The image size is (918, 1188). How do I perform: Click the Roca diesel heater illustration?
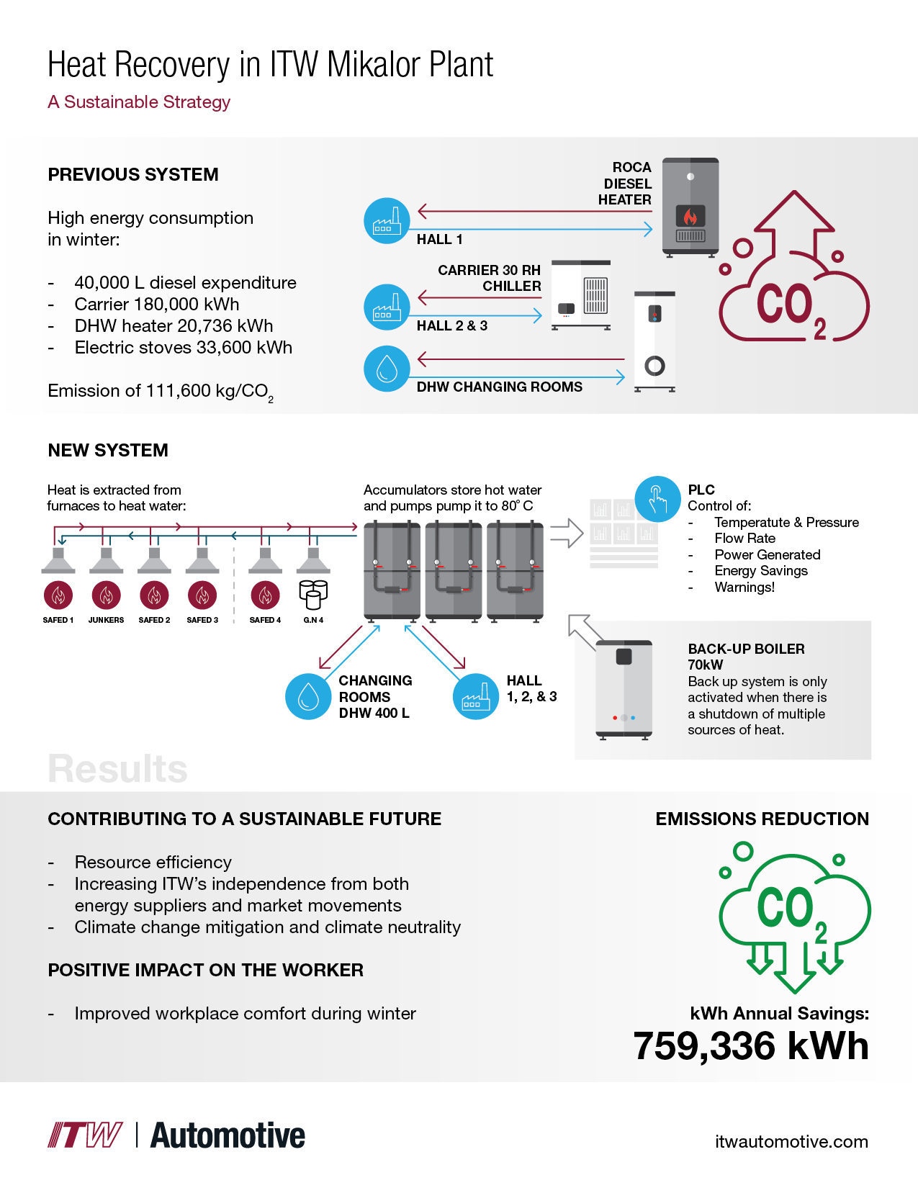[x=690, y=207]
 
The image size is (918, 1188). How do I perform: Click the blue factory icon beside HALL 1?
[x=387, y=221]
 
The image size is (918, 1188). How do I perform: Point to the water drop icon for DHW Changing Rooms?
[x=387, y=369]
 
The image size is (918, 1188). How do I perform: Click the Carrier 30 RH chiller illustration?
[x=581, y=295]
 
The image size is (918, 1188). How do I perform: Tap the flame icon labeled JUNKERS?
[x=107, y=595]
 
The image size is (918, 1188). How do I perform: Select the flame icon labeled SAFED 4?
[x=266, y=595]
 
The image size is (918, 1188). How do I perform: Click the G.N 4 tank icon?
[x=313, y=595]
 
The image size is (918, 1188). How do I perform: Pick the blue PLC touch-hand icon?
[x=657, y=499]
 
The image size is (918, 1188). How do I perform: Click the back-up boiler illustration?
[x=624, y=690]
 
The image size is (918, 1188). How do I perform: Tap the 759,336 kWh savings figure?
[x=751, y=1045]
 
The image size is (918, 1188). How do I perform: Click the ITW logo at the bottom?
[x=85, y=1135]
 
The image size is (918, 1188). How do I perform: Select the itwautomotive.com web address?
[x=791, y=1141]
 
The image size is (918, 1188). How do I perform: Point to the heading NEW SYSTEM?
[x=108, y=451]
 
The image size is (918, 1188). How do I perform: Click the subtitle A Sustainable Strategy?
[x=139, y=102]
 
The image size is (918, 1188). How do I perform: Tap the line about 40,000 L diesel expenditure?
[x=185, y=283]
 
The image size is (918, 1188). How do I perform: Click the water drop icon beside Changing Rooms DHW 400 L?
[x=308, y=696]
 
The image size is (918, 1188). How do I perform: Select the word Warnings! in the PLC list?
[x=744, y=588]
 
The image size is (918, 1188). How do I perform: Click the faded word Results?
[x=117, y=769]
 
